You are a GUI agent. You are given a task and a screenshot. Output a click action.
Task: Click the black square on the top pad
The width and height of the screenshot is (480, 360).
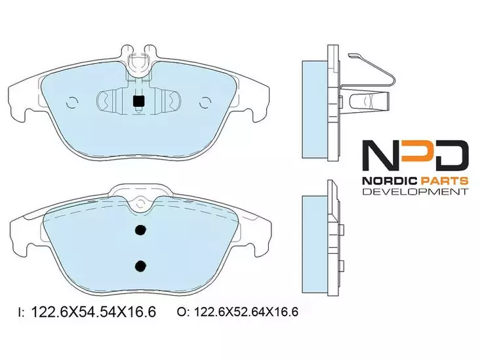(x=138, y=102)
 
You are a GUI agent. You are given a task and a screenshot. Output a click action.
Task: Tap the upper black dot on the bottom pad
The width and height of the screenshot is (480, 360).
(x=140, y=230)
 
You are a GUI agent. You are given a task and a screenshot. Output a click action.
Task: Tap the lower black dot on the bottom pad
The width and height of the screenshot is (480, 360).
(x=140, y=266)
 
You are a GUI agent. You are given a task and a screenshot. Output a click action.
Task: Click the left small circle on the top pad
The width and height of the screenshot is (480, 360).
(x=72, y=102)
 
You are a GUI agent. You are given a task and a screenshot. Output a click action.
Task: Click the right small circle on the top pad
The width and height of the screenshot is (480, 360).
(x=205, y=102)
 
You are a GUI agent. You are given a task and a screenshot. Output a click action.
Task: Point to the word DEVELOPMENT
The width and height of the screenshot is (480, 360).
(x=415, y=192)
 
